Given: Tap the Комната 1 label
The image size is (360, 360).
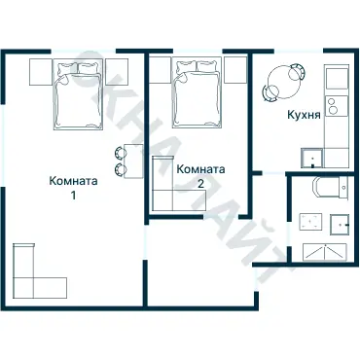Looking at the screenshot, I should (x=73, y=179).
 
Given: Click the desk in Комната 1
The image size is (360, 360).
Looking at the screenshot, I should (x=135, y=161).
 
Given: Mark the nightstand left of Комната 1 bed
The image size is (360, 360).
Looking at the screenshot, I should (x=40, y=70).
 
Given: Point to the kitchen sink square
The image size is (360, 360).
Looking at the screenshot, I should (x=312, y=159).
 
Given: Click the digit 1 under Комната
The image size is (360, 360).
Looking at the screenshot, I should (x=73, y=194).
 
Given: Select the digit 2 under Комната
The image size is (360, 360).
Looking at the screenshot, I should (x=200, y=183).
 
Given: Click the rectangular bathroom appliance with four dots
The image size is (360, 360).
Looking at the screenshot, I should (x=312, y=222).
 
